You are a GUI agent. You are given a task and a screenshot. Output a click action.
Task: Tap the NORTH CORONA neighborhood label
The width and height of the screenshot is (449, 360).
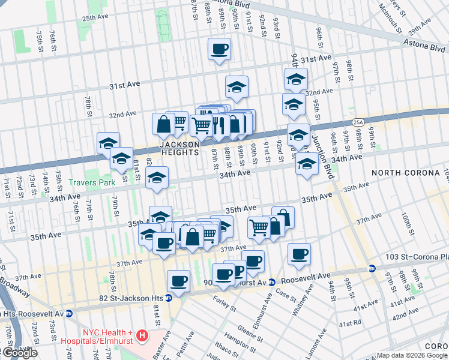tap(406, 173)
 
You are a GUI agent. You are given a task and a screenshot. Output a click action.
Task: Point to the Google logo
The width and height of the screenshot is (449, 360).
tap(19, 353)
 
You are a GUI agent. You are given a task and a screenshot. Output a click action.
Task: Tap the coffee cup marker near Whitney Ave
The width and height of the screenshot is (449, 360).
tap(299, 254)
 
